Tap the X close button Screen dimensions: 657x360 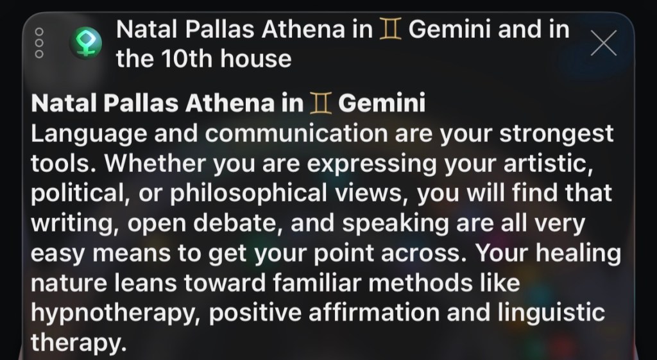click(x=604, y=43)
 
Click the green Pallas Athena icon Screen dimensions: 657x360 click(x=86, y=43)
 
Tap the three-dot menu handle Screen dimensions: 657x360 click(x=39, y=43)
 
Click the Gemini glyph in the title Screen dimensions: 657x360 click(x=390, y=30)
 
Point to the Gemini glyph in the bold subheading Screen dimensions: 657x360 click(x=321, y=103)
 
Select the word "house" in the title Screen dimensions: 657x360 click(x=256, y=59)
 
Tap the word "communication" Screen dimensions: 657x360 click(x=296, y=133)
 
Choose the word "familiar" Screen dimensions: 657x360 click(x=317, y=283)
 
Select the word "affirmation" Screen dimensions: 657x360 click(x=374, y=313)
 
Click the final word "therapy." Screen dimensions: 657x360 click(x=78, y=343)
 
